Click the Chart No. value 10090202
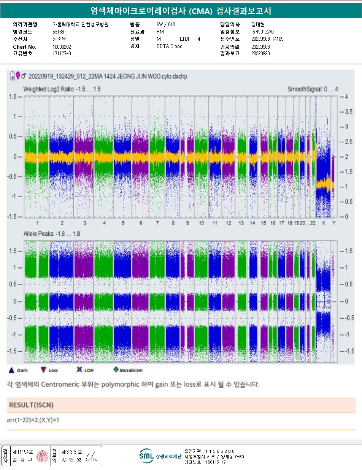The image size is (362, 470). pyautogui.click(x=62, y=46)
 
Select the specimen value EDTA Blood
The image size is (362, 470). pyautogui.click(x=169, y=46)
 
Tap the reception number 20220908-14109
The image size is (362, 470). pyautogui.click(x=267, y=39)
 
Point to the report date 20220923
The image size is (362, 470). pyautogui.click(x=260, y=53)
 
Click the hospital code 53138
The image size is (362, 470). pyautogui.click(x=58, y=32)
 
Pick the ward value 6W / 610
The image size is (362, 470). pyautogui.click(x=166, y=24)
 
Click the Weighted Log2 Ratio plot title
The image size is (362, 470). pyautogui.click(x=62, y=89)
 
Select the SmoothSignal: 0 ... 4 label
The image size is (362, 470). pyautogui.click(x=312, y=89)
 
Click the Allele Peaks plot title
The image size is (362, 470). pyautogui.click(x=51, y=233)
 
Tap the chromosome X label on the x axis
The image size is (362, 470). pyautogui.click(x=324, y=223)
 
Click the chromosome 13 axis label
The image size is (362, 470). pyautogui.click(x=241, y=223)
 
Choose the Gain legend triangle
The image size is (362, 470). pyautogui.click(x=11, y=369)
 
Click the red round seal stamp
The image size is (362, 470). pyautogui.click(x=42, y=456)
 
